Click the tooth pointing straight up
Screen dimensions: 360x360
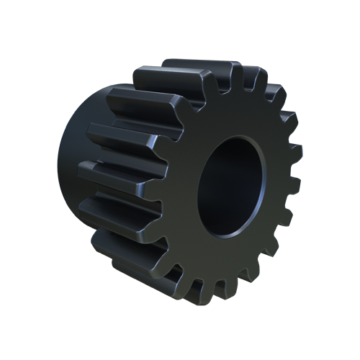(x=235, y=75)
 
